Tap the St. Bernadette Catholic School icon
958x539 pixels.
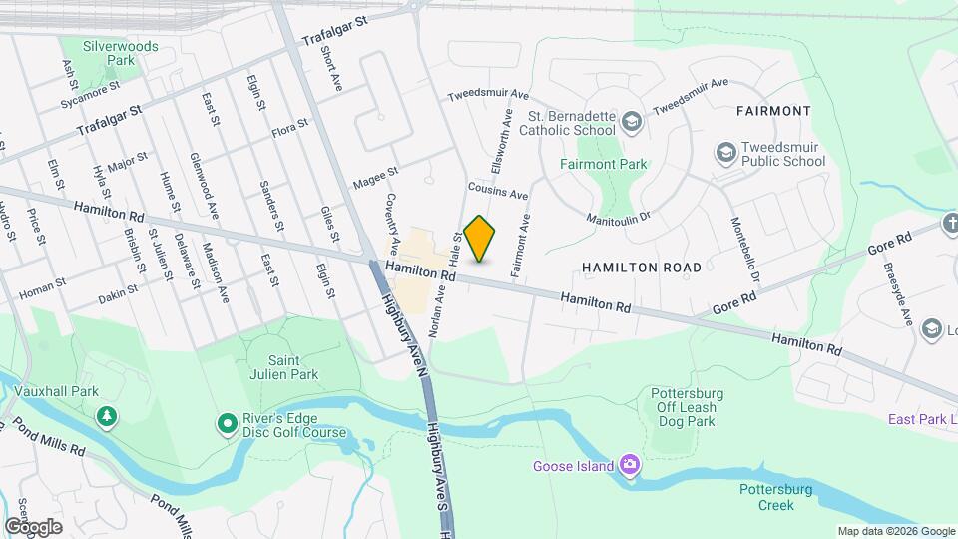click(630, 122)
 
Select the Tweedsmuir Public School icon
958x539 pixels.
click(725, 153)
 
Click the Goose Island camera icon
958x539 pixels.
click(629, 465)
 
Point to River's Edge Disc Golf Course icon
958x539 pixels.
click(227, 425)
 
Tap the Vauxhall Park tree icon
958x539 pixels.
click(104, 415)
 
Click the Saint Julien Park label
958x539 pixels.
click(278, 367)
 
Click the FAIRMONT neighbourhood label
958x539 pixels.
click(772, 110)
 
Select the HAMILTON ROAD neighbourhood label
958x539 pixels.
click(642, 268)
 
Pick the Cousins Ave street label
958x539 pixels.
click(497, 191)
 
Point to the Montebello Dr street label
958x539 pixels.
click(745, 251)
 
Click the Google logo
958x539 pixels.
click(33, 526)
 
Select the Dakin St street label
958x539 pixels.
click(120, 297)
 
